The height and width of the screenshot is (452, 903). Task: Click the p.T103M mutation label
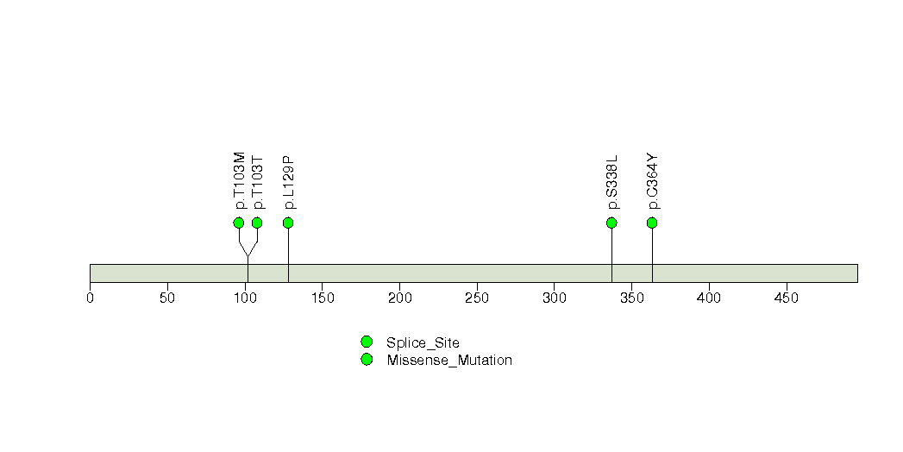coord(240,180)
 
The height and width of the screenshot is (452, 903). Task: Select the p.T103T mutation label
coord(258,183)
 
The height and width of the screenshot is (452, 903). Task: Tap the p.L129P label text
coord(289,182)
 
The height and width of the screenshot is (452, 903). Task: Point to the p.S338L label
coord(612,182)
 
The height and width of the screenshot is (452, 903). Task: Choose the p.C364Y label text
coord(653,181)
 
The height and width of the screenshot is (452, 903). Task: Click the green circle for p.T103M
coord(239,223)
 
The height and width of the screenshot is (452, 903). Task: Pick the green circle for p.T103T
coord(257,223)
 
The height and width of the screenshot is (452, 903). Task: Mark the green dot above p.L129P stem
coord(289,223)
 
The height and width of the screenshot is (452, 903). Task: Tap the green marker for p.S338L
coord(611,223)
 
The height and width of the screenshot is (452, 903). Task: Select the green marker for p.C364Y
coord(652,223)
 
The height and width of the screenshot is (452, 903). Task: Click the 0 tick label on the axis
coord(90,298)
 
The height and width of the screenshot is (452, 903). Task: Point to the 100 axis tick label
coord(245,298)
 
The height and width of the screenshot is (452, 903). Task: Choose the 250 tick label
coord(477,298)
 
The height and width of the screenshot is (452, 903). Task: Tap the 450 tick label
coord(787,298)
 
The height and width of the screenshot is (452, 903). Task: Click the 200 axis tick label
coord(399,298)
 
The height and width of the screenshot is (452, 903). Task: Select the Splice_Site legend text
coord(423,343)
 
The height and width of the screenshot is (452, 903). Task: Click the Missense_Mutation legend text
coord(449,361)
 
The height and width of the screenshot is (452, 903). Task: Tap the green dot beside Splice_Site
coord(367,342)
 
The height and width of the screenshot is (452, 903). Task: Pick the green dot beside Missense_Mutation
coord(367,360)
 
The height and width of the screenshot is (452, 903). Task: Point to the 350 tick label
coord(631,298)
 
